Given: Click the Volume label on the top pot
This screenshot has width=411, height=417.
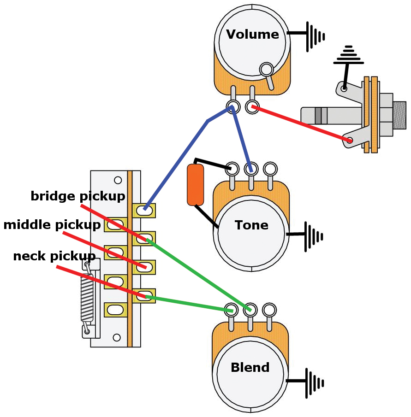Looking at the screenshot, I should (x=252, y=35).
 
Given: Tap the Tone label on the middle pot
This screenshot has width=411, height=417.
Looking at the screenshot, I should (x=251, y=225).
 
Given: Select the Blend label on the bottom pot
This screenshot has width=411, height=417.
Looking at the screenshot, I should (x=250, y=368).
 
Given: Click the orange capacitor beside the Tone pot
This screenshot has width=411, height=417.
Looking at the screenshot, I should (x=195, y=185).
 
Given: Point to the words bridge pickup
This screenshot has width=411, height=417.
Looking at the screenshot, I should (x=77, y=196).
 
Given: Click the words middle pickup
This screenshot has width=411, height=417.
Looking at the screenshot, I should (x=52, y=225).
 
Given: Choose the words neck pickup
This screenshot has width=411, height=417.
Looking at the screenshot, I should (x=54, y=256).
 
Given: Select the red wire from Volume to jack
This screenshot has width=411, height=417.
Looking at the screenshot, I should (x=300, y=123).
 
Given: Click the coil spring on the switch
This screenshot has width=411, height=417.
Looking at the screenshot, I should (x=87, y=297).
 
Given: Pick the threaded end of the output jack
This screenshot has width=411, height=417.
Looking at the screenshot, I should (x=399, y=115).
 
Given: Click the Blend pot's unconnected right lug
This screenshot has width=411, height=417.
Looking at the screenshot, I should (x=269, y=309).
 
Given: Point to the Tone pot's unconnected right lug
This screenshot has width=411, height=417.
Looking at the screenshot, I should (x=270, y=168).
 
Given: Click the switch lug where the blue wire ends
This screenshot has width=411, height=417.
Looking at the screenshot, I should (x=145, y=210).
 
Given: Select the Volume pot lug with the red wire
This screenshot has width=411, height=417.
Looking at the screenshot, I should (x=252, y=107).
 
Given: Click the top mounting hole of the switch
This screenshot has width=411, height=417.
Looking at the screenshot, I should (x=118, y=180).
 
